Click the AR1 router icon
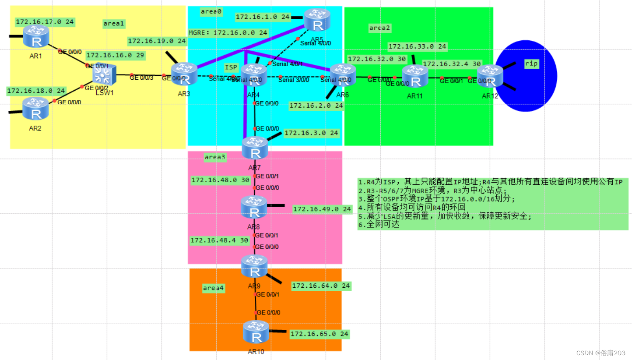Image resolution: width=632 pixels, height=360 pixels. click(36, 36)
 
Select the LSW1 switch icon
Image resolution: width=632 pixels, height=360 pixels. click(104, 74)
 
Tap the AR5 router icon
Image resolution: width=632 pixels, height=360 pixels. click(317, 20)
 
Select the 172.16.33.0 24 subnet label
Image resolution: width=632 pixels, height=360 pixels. click(417, 46)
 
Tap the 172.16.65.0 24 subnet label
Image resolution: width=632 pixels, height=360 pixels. click(319, 334)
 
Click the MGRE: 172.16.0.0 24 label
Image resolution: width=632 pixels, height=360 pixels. click(228, 32)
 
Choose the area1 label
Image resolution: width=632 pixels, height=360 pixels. click(114, 23)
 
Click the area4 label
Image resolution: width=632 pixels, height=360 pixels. click(214, 288)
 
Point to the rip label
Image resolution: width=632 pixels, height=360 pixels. click(531, 64)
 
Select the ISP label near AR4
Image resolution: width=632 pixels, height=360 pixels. click(231, 67)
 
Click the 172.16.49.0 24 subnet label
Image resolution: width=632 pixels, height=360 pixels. click(322, 209)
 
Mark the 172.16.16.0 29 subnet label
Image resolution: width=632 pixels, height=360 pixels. click(116, 55)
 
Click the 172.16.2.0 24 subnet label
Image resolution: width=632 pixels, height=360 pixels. click(316, 106)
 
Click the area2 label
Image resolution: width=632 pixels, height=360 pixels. click(379, 28)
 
